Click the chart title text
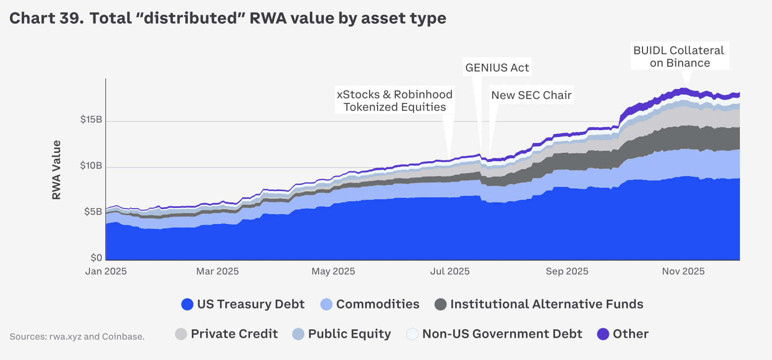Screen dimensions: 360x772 228,18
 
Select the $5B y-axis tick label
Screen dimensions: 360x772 93,212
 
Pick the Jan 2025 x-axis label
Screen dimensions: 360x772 106,271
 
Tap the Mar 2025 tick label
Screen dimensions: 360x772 217,271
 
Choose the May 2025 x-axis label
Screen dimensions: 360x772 333,271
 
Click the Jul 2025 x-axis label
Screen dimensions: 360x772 450,271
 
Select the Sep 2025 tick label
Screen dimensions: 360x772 567,271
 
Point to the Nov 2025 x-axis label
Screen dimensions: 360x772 684,271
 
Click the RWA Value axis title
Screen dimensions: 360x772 56,170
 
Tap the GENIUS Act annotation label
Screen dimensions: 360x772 497,68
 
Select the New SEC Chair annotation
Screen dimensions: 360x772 531,95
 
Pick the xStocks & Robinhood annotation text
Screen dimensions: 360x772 394,100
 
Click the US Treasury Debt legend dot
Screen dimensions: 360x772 187,304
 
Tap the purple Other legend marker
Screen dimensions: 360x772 603,334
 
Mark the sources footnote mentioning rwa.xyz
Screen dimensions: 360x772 77,337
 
